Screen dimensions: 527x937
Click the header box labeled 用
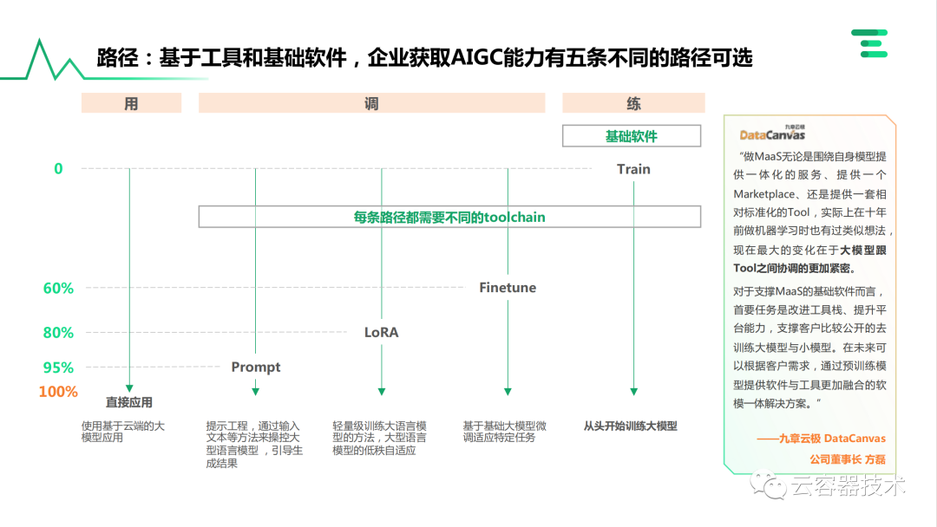(131, 103)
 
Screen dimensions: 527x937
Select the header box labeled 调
(371, 103)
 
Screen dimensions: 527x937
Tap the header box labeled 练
(633, 103)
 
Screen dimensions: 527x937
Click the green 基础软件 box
(632, 136)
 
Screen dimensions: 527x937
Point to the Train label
(633, 169)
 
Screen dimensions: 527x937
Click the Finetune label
(508, 288)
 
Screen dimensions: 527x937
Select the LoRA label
(381, 332)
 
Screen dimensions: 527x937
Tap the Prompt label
(256, 368)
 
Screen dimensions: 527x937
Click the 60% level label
(58, 288)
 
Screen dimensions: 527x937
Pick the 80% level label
(58, 332)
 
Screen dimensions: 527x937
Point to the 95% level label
(58, 368)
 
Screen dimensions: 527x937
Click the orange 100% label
(58, 392)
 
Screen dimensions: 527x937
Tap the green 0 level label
(58, 169)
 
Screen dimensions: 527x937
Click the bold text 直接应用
(129, 402)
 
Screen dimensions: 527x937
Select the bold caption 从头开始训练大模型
(630, 426)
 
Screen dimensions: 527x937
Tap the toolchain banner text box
(449, 217)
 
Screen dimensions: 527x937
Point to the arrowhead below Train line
(633, 392)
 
